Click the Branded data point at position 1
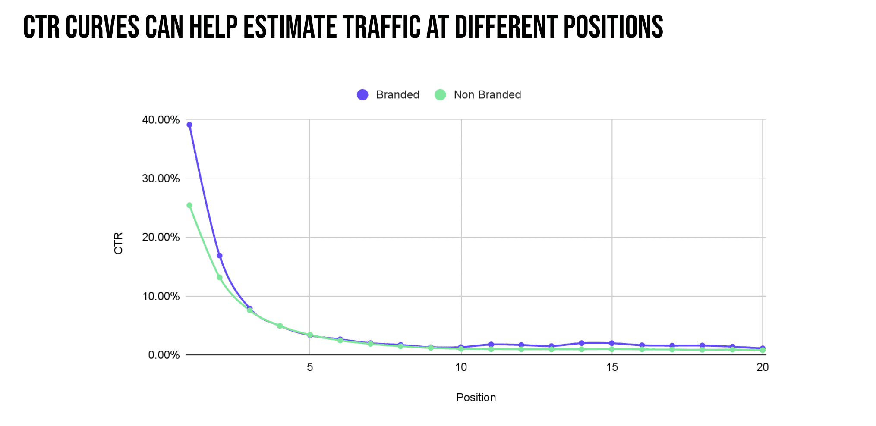(x=189, y=125)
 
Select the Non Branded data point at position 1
(x=189, y=205)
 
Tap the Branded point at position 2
(x=219, y=256)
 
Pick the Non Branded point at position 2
(x=219, y=277)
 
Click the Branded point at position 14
(x=581, y=343)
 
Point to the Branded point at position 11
(x=491, y=345)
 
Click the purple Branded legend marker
(x=362, y=95)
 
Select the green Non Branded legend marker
(x=440, y=95)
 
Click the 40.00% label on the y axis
(x=161, y=120)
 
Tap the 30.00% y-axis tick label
(x=161, y=179)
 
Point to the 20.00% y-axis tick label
(x=161, y=237)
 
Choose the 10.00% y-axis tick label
(x=161, y=296)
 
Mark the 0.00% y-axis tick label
(x=164, y=355)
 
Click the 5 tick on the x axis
(x=310, y=367)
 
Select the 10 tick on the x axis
(x=461, y=367)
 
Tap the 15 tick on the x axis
(x=612, y=367)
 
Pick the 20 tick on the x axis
(x=763, y=367)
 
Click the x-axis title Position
(x=476, y=398)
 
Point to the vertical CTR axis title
(x=118, y=243)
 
